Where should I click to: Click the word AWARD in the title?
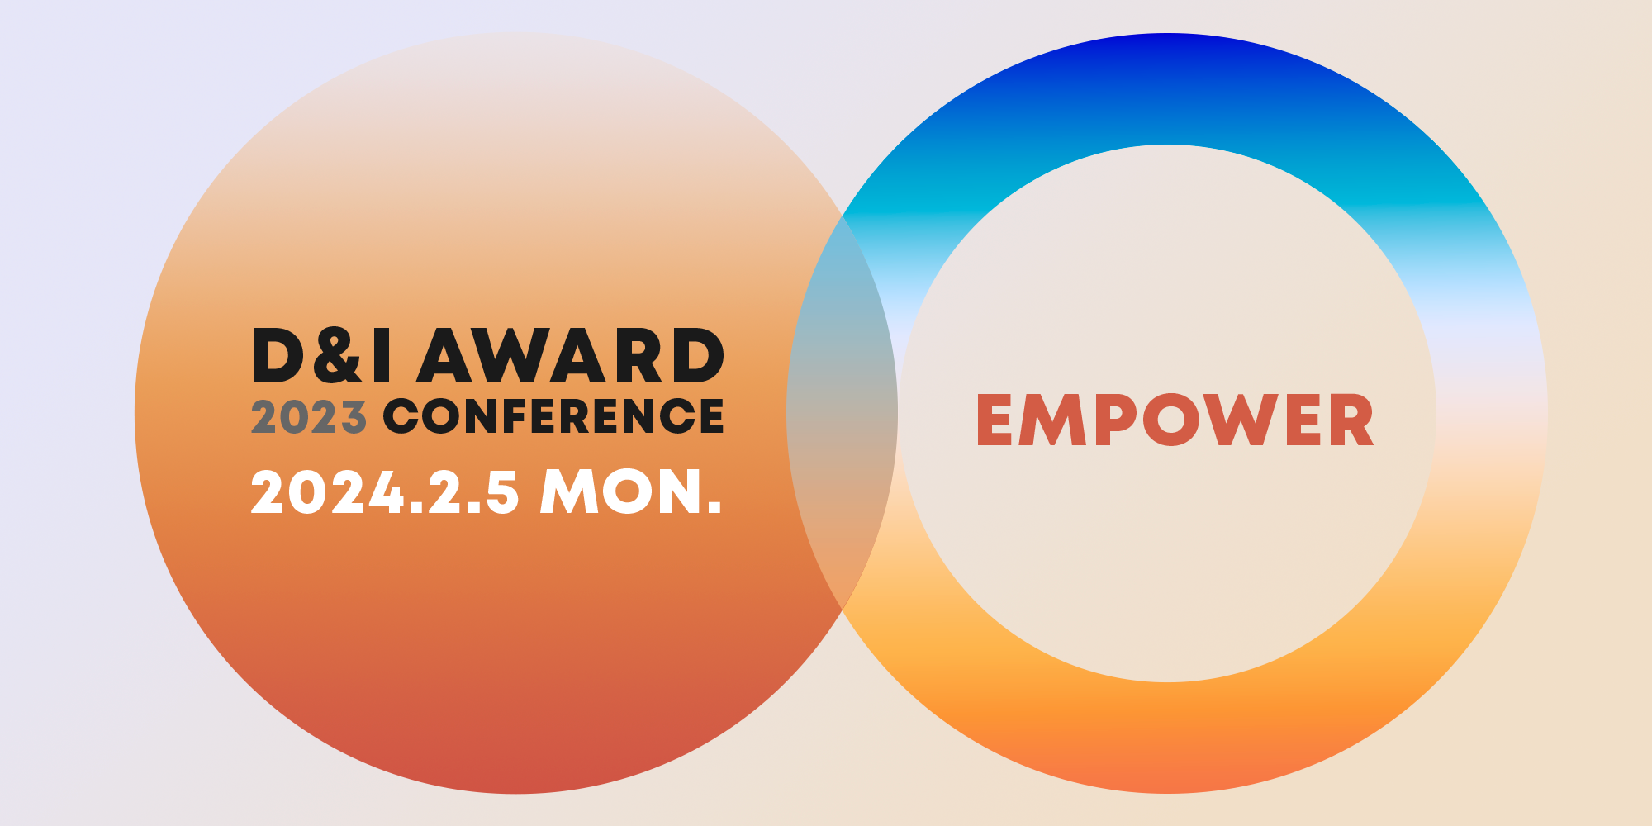(571, 355)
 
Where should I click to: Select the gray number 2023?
(308, 416)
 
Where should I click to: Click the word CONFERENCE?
(553, 416)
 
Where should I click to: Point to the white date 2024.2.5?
(385, 492)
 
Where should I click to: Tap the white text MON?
(631, 492)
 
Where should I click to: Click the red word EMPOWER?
(1175, 420)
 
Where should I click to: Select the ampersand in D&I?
(336, 355)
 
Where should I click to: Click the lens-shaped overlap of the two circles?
(842, 413)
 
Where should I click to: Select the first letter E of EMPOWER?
(995, 420)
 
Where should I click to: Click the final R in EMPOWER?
(1350, 420)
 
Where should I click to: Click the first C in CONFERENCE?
(402, 416)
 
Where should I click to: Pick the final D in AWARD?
(698, 355)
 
